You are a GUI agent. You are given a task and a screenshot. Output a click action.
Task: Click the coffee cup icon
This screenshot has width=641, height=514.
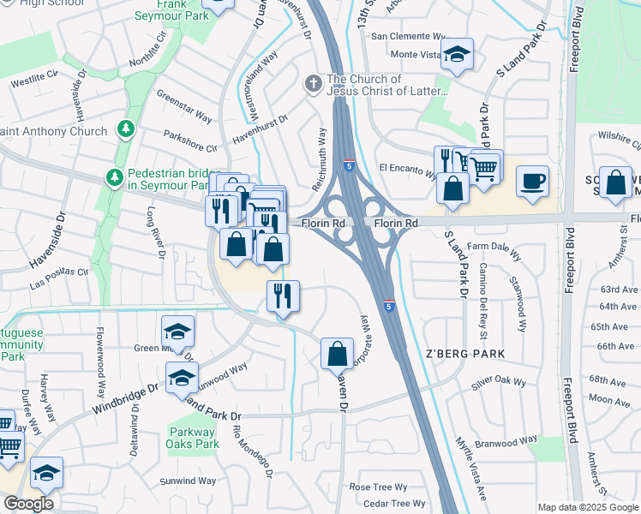[x=532, y=181]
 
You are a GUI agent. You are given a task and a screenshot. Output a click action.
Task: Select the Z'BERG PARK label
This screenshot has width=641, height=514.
[x=465, y=353]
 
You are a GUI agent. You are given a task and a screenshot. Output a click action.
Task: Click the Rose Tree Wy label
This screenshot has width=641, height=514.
[x=377, y=487]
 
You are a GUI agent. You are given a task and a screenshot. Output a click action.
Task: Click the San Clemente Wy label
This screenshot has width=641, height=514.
[x=408, y=37]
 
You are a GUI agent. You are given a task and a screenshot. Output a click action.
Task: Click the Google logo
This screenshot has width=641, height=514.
[x=29, y=505]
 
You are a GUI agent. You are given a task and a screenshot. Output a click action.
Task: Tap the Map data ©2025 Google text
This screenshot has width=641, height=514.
[x=588, y=507]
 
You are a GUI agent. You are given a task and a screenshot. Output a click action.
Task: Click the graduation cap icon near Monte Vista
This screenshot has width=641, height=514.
[x=458, y=56]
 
